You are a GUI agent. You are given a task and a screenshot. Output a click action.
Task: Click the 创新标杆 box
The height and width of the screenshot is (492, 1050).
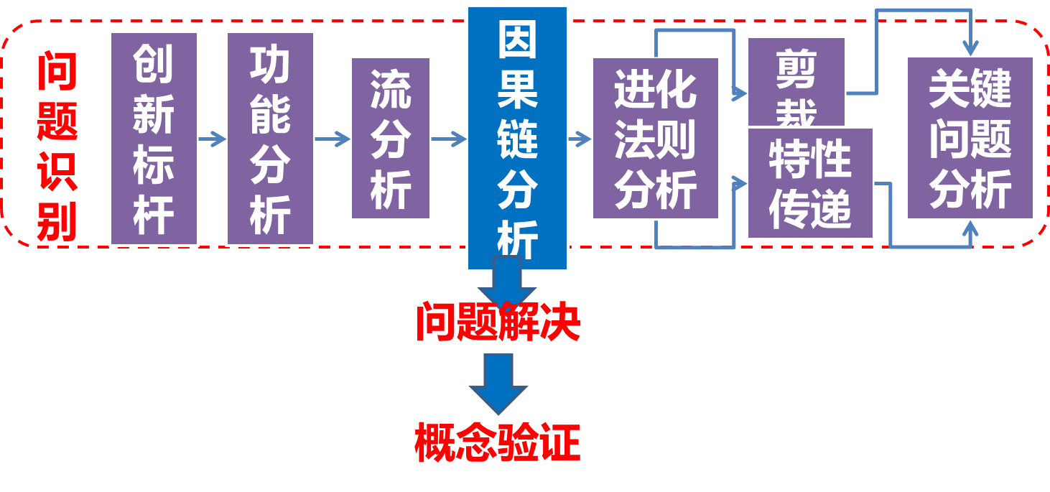[x=154, y=139]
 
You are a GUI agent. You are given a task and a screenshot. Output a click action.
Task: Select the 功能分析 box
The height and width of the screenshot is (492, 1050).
[x=270, y=139]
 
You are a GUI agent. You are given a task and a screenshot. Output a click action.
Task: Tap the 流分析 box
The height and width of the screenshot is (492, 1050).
[x=391, y=139]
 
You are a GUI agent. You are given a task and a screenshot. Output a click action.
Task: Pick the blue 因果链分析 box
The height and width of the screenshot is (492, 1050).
[x=517, y=139]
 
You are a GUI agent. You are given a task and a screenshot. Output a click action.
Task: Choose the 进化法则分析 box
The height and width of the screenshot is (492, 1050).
[x=655, y=139]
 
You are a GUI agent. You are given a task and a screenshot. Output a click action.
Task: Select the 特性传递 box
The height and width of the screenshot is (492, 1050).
[x=810, y=183]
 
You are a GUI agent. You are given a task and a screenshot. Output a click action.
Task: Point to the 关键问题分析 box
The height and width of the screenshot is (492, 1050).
[x=970, y=139]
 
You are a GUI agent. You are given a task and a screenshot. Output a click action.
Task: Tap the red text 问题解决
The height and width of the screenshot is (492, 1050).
[x=498, y=322]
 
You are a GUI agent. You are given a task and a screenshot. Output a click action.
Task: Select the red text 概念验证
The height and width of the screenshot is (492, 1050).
[x=497, y=442]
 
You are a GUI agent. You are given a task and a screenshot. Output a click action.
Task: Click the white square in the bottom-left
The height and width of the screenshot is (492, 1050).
[x=92, y=427]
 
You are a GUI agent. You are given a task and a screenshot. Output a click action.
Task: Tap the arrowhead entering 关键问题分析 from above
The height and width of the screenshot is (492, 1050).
[x=970, y=47]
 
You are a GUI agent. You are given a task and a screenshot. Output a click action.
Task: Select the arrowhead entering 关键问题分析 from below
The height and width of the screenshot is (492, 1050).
[x=970, y=230]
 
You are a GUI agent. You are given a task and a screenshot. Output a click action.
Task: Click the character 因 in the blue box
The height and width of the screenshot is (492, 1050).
[x=517, y=40]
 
